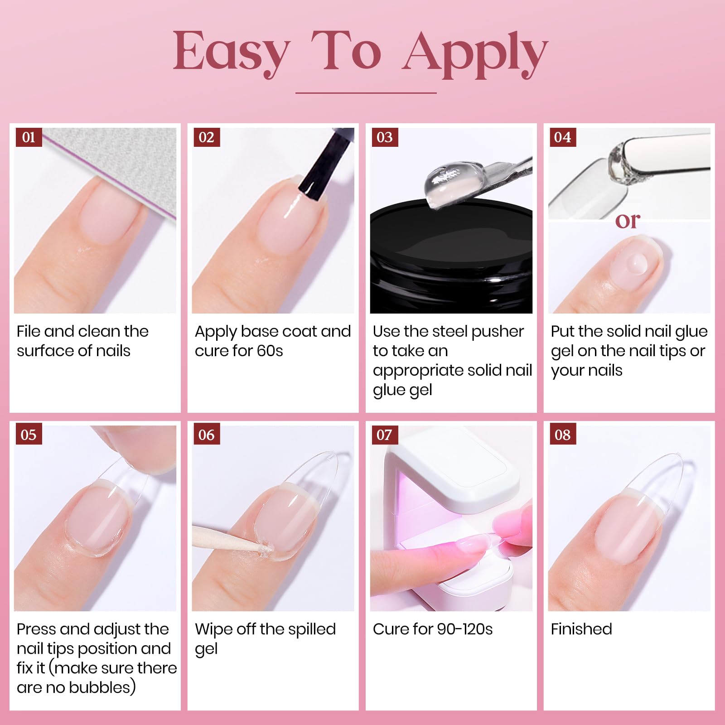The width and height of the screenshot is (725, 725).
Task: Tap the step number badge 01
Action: click(29, 137)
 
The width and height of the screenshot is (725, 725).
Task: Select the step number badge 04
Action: click(562, 137)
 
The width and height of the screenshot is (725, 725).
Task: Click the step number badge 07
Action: click(384, 435)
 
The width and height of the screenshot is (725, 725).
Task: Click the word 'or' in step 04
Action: click(628, 221)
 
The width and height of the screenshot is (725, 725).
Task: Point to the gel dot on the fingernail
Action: click(637, 262)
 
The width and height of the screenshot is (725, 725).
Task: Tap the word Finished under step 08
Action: click(581, 629)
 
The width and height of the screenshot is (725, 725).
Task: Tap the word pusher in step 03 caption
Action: click(498, 332)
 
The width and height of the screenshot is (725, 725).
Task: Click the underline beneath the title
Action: click(366, 93)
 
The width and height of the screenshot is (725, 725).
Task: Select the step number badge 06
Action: click(206, 435)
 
